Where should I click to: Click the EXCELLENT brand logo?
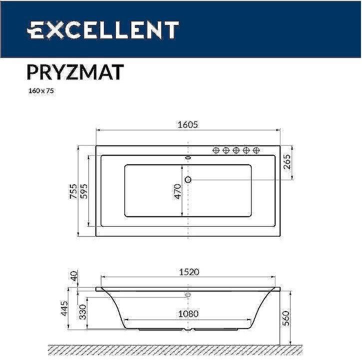coord(102,30)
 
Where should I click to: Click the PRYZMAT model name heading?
coord(74,72)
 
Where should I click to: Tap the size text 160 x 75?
coord(40,91)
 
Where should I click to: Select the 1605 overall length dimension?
coord(188,125)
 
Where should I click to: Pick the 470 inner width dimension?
coord(177,191)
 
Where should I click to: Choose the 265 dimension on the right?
coord(287,163)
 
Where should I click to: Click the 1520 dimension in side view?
coord(188,272)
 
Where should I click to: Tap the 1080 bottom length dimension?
coord(188,314)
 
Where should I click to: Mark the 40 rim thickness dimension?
coord(74,277)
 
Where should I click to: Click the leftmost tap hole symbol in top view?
coord(216,150)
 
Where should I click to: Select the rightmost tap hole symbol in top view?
coord(256,150)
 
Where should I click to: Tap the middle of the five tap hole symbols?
coord(236,150)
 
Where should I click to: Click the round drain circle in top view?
coord(188,179)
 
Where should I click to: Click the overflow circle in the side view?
coord(188,295)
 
